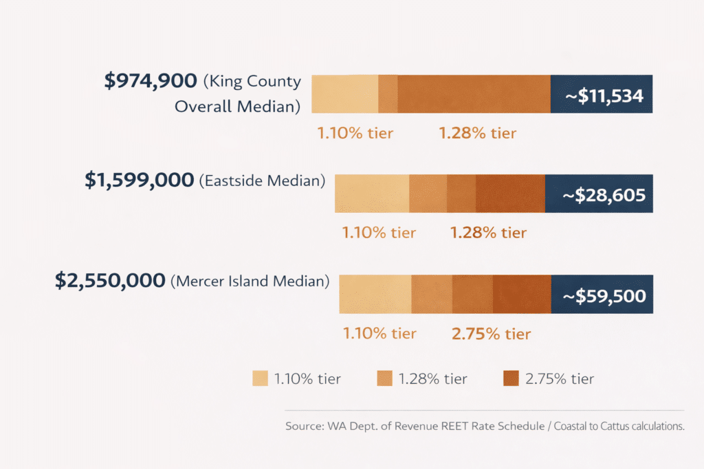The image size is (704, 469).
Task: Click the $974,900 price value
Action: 151,82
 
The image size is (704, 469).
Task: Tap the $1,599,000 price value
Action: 140,181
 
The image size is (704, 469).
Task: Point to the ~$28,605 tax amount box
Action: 599,195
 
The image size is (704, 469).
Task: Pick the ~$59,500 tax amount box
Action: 602,296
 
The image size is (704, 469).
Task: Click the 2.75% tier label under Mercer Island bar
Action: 491,334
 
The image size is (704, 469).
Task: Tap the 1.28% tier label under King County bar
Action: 477,133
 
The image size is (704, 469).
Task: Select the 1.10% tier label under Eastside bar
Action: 379,233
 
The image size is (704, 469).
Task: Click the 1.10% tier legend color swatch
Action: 260,378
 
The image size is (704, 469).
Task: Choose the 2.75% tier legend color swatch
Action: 511,378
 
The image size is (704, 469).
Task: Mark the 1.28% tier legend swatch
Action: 384,378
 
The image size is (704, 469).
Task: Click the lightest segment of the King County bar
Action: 344,94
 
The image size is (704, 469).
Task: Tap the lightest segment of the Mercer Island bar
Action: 375,295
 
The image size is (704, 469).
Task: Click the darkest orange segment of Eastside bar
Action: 509,194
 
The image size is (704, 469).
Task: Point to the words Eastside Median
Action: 262,182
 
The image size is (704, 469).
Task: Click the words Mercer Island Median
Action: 250,282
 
